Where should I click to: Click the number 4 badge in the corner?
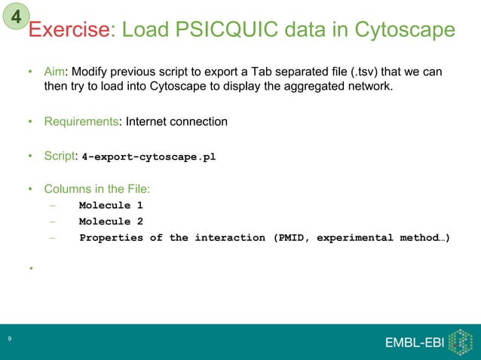[x=17, y=15]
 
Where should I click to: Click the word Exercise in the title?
[x=69, y=31]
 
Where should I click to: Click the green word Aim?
[x=54, y=72]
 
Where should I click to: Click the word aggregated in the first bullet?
[x=314, y=87]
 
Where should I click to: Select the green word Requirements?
[x=82, y=121]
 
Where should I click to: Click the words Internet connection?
[x=176, y=121]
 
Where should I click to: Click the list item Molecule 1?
[x=110, y=206]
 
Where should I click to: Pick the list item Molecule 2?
[x=110, y=222]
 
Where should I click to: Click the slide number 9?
[x=9, y=341]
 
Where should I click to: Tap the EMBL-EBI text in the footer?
[x=414, y=343]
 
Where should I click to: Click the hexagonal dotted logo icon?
[x=459, y=341]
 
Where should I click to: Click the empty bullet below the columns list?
[x=31, y=269]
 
